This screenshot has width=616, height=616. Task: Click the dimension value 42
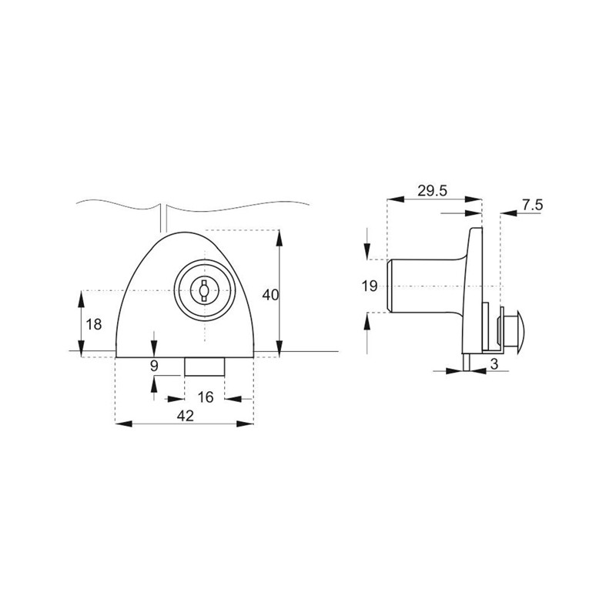tap(186, 416)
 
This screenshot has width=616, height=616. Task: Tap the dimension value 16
tap(206, 397)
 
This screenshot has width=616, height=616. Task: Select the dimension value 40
tap(270, 295)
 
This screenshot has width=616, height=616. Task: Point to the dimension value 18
tap(93, 324)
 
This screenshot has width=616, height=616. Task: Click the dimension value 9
tap(154, 367)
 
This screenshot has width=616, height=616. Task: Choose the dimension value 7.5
tap(532, 205)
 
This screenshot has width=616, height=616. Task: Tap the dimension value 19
tap(370, 286)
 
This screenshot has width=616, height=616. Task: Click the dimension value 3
tap(494, 364)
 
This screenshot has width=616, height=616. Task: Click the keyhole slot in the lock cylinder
tap(203, 290)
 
